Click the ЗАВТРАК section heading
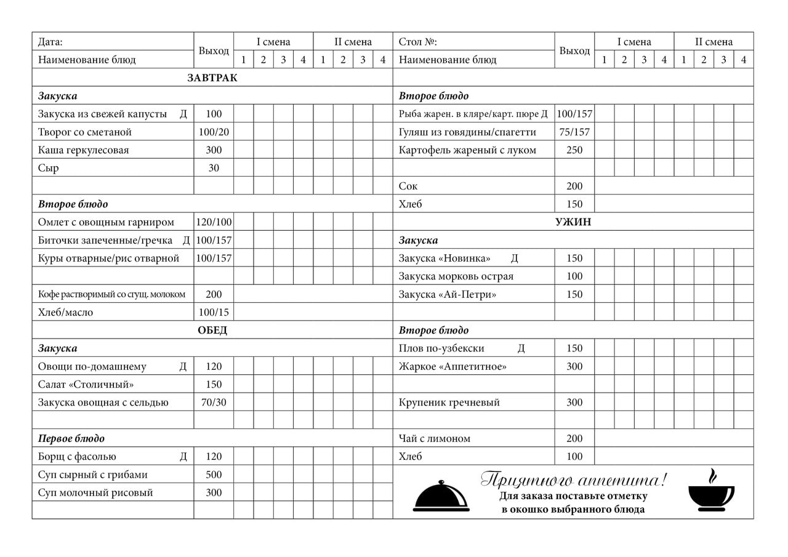coord(212,78)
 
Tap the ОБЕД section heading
coord(212,331)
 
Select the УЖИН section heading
coord(573,222)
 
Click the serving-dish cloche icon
coord(441,495)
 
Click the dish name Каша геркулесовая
coord(84,150)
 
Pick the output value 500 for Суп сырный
coord(214,475)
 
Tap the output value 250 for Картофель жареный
coord(574,150)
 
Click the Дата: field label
coord(50,42)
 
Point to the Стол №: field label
coord(418,42)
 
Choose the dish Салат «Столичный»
coord(86,385)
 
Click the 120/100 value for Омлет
coord(214,222)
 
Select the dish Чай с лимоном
coord(435,439)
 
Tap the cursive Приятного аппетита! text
coord(573,479)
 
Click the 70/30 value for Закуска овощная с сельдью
coord(214,403)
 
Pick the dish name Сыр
coord(49,168)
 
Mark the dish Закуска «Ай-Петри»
coord(448,294)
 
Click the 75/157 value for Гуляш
coord(574,132)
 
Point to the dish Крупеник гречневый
coord(449,403)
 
